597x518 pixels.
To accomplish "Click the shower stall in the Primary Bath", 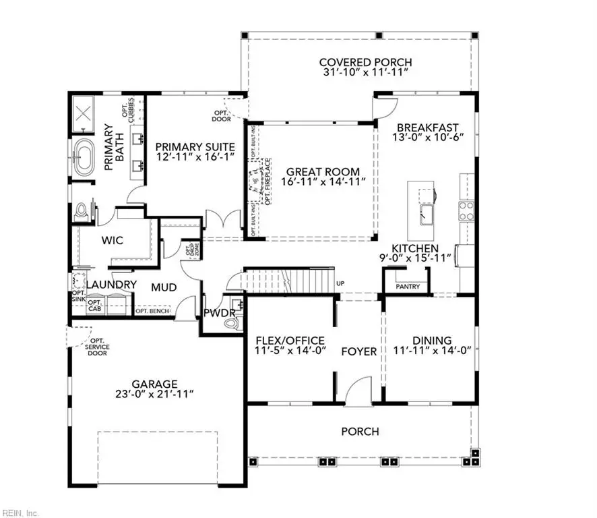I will pos(86,112).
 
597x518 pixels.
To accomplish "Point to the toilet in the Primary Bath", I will pos(82,212).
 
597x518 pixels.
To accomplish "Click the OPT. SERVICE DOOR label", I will pos(98,346).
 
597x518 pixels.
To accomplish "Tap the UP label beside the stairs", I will pos(340,283).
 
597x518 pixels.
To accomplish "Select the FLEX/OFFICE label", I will pos(290,340).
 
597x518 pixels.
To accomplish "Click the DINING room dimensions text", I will pos(431,351).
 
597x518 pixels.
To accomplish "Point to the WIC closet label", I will pos(112,240).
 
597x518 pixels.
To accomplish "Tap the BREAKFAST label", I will pos(427,127).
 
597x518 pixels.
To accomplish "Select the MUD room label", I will pos(164,287).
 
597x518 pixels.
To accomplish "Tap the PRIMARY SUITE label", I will pos(195,146).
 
